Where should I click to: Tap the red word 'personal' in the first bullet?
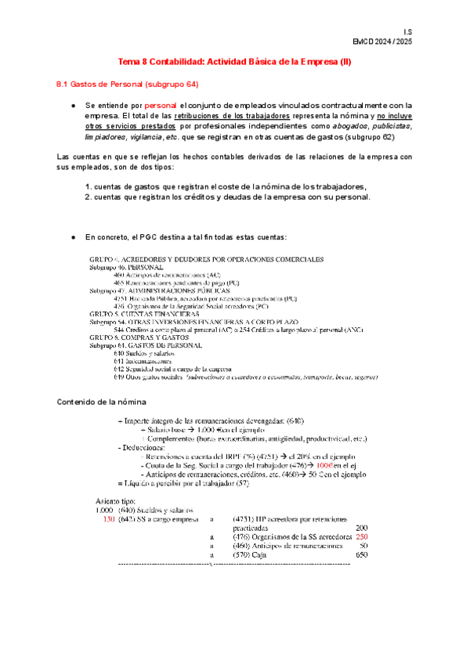click(x=161, y=104)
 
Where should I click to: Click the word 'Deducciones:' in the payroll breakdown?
click(x=141, y=447)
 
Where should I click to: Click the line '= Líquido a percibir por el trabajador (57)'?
click(x=182, y=483)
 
